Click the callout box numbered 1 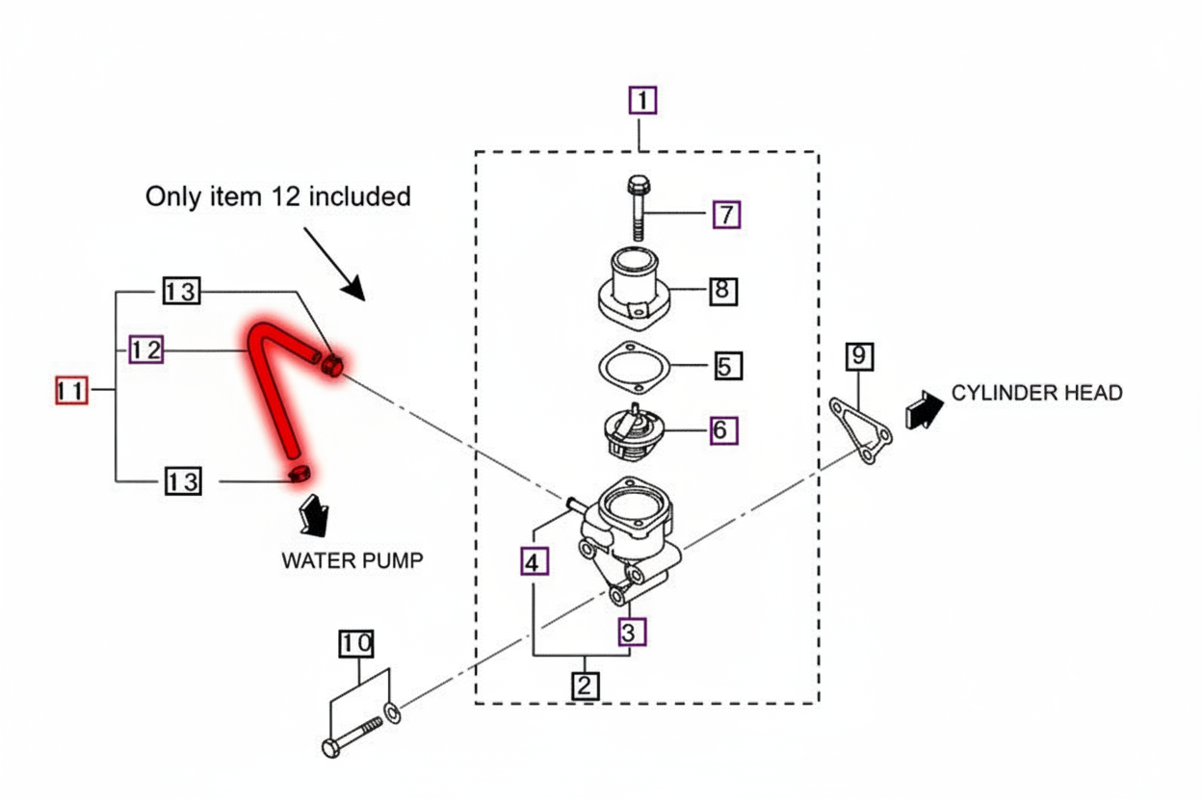642,100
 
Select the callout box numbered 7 726,214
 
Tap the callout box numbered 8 723,290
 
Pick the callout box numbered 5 728,366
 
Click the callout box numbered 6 723,430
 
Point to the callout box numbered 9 859,357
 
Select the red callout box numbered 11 70,391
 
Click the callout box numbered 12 146,351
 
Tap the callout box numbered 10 355,644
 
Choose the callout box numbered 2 585,685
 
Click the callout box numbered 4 535,561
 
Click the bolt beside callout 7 637,208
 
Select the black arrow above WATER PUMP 314,514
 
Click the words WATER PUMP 352,560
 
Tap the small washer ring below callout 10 393,713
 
